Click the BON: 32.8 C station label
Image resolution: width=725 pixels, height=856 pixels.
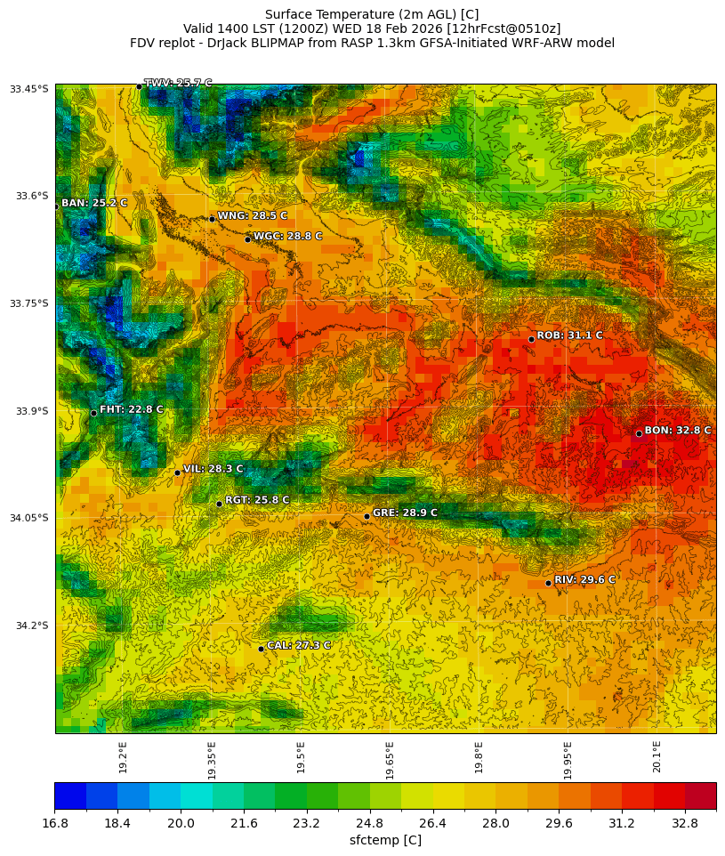point(677,431)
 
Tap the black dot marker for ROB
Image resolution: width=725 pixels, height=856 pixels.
point(531,339)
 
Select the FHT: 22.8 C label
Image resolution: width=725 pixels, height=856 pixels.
point(131,409)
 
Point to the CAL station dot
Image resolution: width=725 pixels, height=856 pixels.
point(261,649)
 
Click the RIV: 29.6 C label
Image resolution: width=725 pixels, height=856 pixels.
point(584,580)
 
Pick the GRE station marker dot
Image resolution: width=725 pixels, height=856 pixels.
point(367,516)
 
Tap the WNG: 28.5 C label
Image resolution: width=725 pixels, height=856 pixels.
point(252,216)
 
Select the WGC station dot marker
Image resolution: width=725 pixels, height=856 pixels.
point(247,239)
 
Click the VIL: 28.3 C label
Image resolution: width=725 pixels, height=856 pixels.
point(213,469)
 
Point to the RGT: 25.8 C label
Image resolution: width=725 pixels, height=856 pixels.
point(257,500)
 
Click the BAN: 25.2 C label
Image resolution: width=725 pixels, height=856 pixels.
point(93,204)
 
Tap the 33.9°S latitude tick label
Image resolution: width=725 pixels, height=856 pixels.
point(29,411)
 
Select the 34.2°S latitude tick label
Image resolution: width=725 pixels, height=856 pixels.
point(29,626)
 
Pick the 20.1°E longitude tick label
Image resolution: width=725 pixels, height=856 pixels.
point(657,756)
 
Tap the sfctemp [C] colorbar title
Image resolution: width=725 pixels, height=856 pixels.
point(385,840)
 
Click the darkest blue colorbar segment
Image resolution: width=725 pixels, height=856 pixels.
point(69,795)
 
